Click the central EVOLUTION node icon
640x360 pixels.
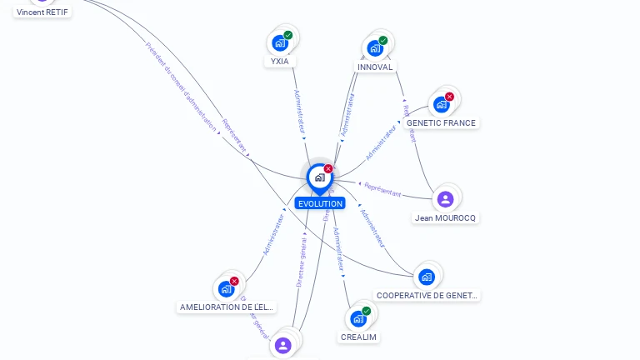[x=319, y=177]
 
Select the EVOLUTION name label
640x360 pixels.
[x=320, y=203]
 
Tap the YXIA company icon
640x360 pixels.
[x=280, y=42]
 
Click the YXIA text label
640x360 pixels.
[x=280, y=62]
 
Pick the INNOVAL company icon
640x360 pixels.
[x=375, y=47]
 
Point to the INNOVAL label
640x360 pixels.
[x=375, y=67]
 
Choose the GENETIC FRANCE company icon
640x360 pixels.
[x=441, y=104]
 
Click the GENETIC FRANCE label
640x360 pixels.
[x=441, y=123]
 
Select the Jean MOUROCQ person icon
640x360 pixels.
[x=445, y=199]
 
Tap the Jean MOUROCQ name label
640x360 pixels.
[x=446, y=218]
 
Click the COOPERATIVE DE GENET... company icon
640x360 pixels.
[x=427, y=277]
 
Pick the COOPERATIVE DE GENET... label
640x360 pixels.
[x=427, y=296]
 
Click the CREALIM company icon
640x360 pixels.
[x=358, y=318]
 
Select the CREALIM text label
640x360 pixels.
[x=358, y=337]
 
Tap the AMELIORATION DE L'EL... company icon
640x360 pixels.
[x=227, y=288]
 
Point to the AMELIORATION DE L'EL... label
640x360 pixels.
[x=227, y=307]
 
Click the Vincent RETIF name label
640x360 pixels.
[x=42, y=12]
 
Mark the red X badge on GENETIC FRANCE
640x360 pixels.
[x=449, y=97]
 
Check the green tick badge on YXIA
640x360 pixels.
[x=288, y=35]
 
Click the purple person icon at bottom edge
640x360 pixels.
[x=283, y=345]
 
